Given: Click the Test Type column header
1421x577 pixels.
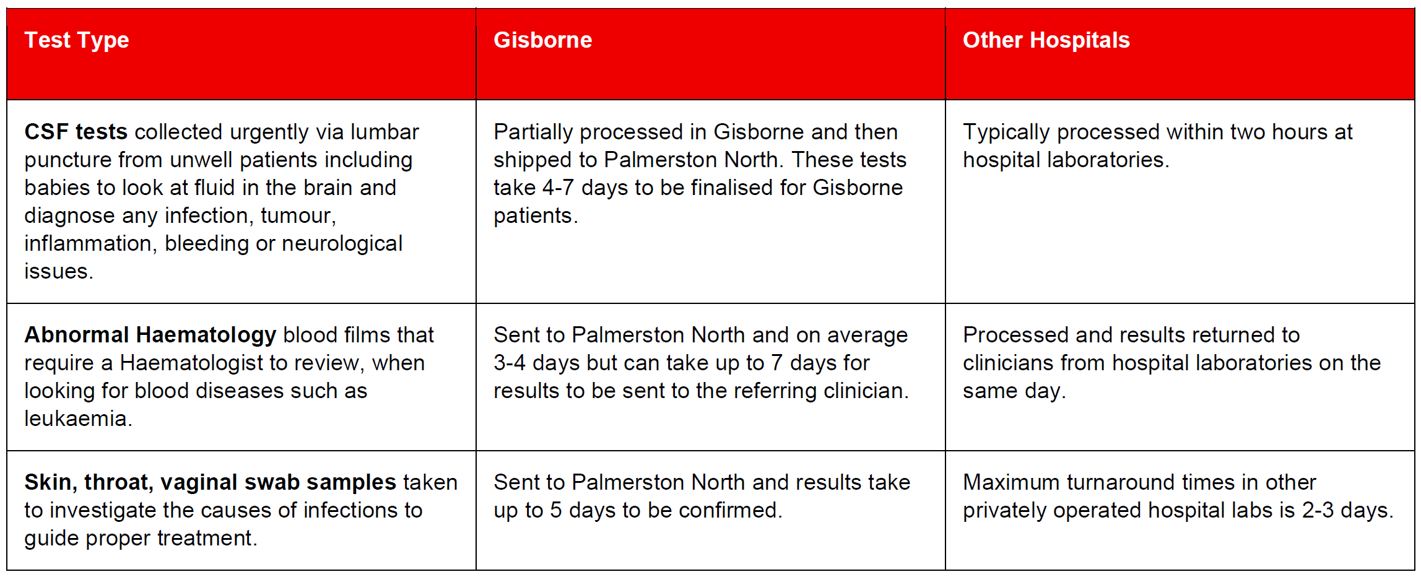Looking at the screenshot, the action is tap(77, 41).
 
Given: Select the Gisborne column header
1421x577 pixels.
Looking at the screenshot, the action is tap(542, 40).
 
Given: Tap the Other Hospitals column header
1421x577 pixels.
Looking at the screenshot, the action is tap(1046, 40).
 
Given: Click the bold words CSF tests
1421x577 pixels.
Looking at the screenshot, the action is tap(76, 132).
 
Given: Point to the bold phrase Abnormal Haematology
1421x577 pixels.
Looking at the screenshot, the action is tap(150, 336).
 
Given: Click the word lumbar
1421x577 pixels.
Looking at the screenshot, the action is tap(385, 132).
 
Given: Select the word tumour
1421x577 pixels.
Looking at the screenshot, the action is tap(298, 216).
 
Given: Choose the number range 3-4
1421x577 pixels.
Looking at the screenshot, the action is tap(510, 363).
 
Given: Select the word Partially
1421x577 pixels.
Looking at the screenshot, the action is tap(533, 132).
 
